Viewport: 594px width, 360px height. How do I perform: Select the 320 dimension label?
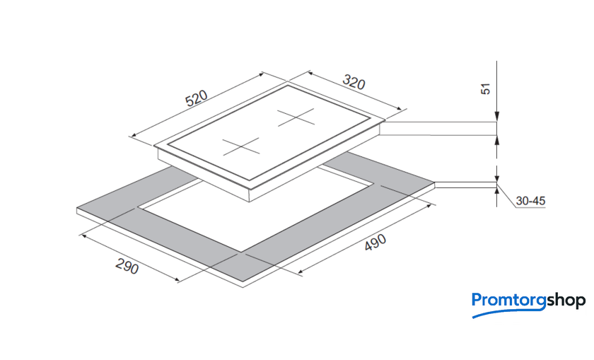353,81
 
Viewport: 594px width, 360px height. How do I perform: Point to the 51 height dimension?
485,90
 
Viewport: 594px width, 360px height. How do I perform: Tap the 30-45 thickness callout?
530,202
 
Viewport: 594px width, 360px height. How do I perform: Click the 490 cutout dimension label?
375,243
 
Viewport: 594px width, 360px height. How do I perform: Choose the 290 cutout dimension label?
127,267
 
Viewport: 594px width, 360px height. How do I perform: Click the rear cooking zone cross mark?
295,117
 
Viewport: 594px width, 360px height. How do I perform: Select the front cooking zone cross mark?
242,146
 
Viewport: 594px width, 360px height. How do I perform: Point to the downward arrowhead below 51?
497,116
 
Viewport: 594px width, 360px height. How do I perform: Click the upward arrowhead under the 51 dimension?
497,139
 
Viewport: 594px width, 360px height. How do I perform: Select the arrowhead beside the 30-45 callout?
498,187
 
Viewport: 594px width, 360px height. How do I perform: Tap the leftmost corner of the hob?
154,146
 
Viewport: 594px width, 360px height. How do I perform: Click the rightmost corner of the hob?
383,122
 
